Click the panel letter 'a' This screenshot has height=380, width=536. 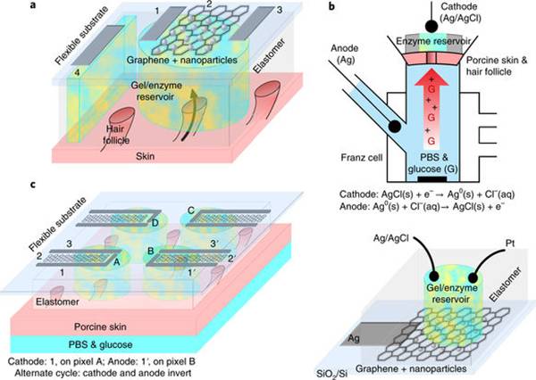pos(33,5)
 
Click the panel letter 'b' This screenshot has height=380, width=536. pos(331,6)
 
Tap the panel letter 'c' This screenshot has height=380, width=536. pos(33,185)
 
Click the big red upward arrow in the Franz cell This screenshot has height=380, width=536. pos(431,109)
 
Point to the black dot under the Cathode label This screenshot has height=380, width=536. pos(432,26)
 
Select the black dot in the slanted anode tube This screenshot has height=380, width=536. pos(395,127)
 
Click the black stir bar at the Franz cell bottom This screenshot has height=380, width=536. pos(432,178)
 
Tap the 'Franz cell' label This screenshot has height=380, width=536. pos(362,158)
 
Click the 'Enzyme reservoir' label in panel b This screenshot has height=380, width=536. pos(433,41)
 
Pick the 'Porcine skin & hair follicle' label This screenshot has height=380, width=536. pos(497,66)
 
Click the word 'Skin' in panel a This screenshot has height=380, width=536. pos(146,156)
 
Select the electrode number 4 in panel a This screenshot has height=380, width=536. pos(77,72)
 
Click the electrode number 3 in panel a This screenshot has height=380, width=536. pos(280,10)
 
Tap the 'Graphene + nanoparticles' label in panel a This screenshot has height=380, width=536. pos(182,60)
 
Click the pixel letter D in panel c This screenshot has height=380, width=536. pos(155,223)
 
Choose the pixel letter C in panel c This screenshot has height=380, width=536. pos(191,211)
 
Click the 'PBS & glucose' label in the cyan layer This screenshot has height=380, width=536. pos(100,344)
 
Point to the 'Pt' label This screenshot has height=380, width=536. pos(509,244)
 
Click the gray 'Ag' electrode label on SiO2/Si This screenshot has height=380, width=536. pos(354,338)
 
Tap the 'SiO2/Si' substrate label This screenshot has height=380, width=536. pos(332,373)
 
